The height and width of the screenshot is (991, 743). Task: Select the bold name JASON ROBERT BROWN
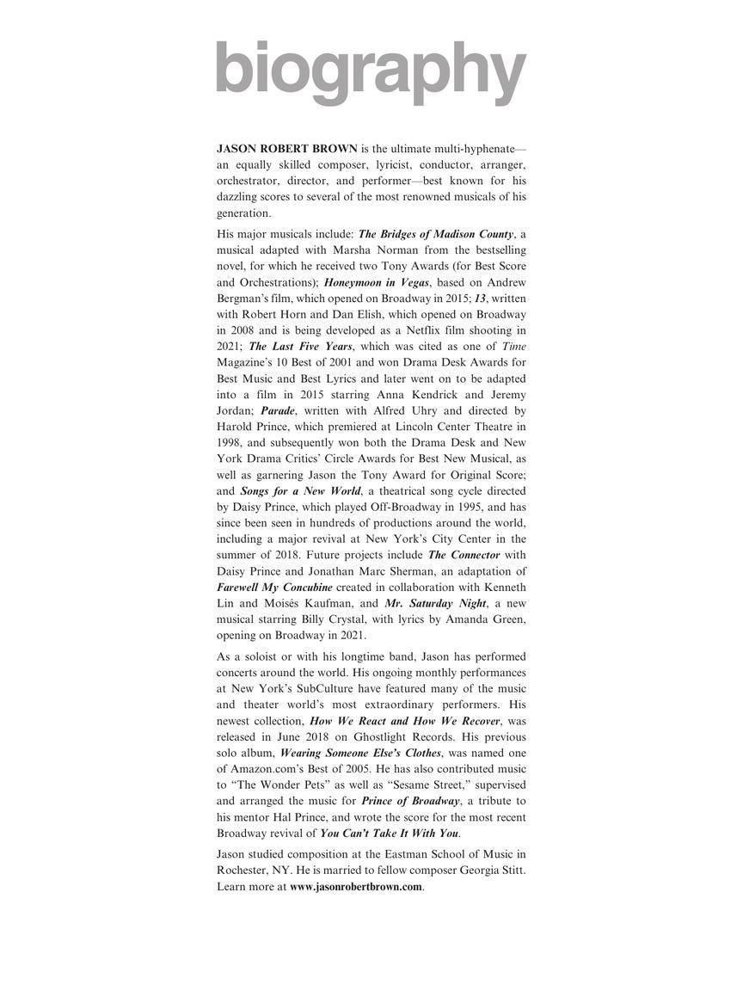tap(286, 149)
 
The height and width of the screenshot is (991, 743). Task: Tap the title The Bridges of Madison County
tap(435, 234)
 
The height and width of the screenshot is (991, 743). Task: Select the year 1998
tap(230, 442)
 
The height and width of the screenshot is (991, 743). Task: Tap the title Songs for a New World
tap(300, 490)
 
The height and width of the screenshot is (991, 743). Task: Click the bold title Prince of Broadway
tap(409, 801)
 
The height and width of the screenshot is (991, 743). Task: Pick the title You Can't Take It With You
tap(389, 834)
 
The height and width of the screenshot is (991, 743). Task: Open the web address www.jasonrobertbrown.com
tap(356, 887)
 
